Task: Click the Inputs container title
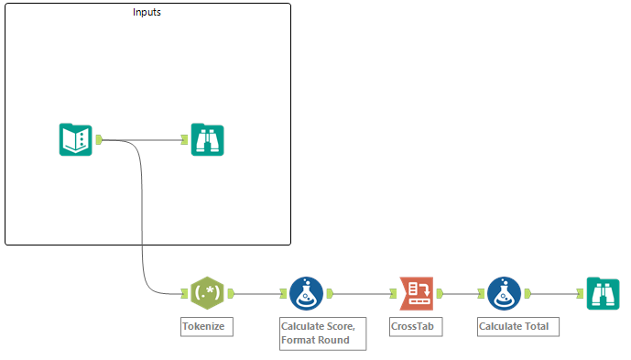(147, 13)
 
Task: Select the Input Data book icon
(76, 139)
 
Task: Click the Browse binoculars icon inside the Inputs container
(207, 139)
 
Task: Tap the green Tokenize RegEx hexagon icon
(205, 293)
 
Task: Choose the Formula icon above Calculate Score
(306, 293)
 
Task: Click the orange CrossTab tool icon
(416, 293)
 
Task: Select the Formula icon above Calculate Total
(504, 293)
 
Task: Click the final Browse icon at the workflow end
(603, 293)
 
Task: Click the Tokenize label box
(202, 326)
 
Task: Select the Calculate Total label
(517, 326)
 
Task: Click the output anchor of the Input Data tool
(98, 140)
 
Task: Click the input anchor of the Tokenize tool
(184, 294)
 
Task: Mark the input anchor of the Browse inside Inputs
(185, 140)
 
